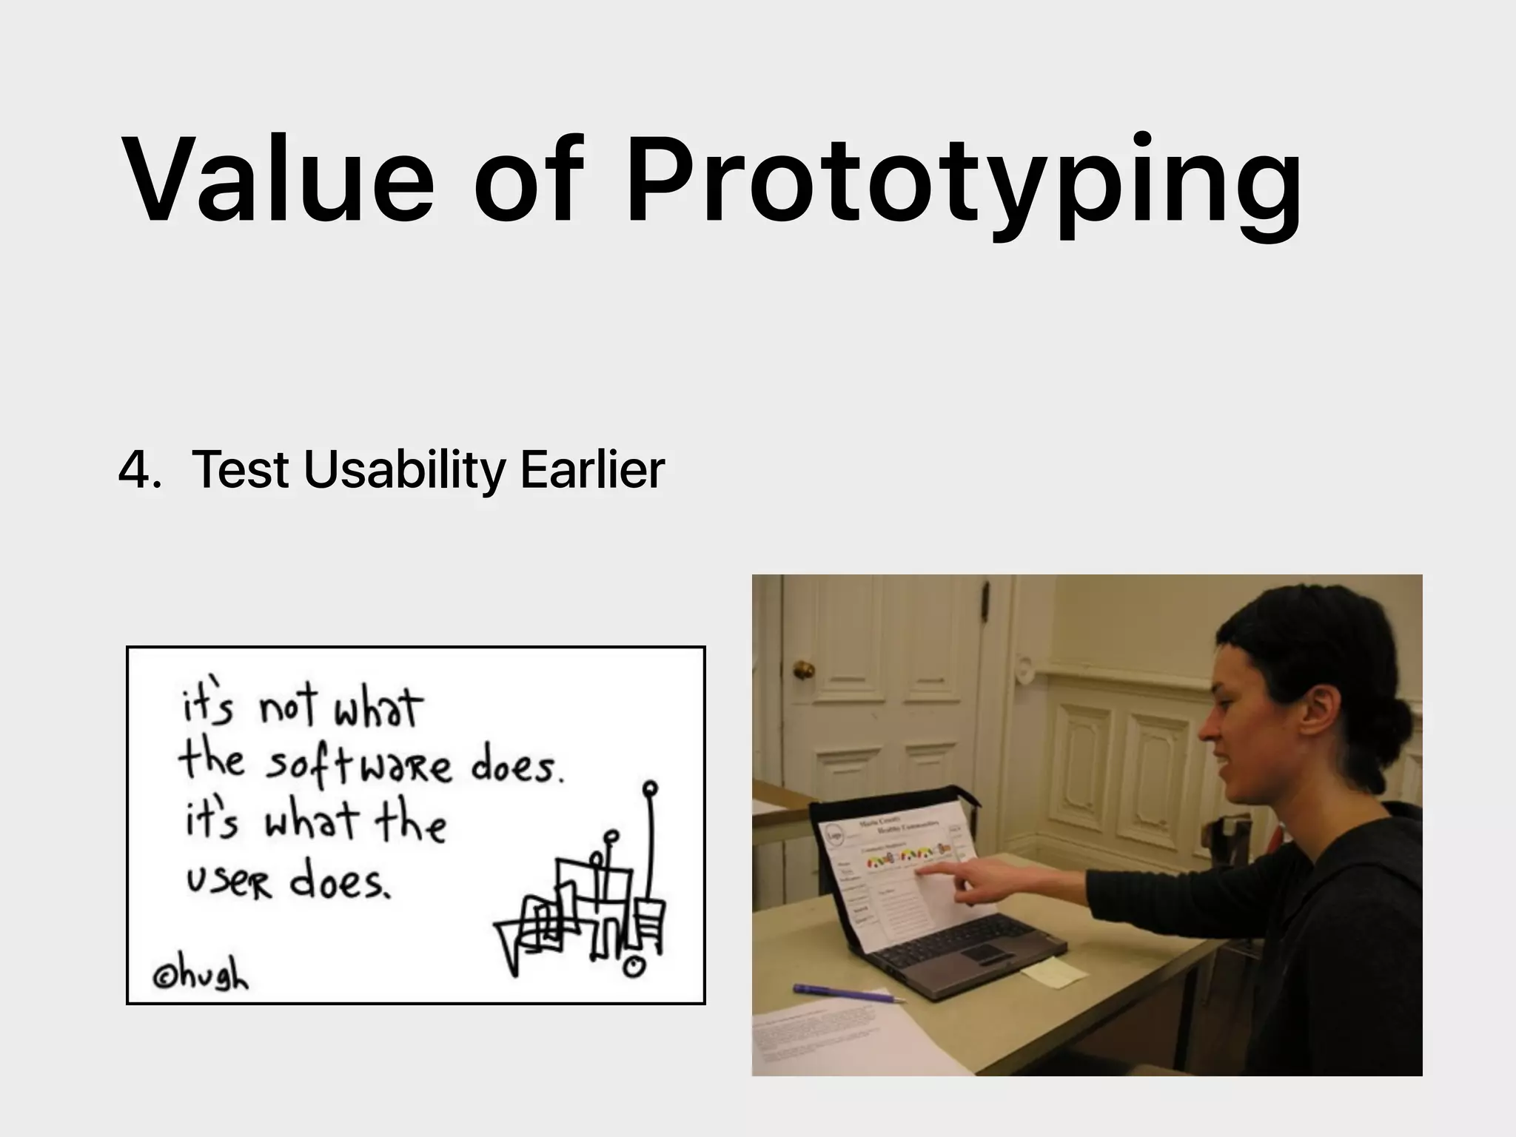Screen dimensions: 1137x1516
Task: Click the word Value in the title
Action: click(x=280, y=180)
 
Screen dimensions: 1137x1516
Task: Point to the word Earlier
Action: click(x=592, y=469)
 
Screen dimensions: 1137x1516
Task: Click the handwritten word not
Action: click(x=287, y=707)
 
